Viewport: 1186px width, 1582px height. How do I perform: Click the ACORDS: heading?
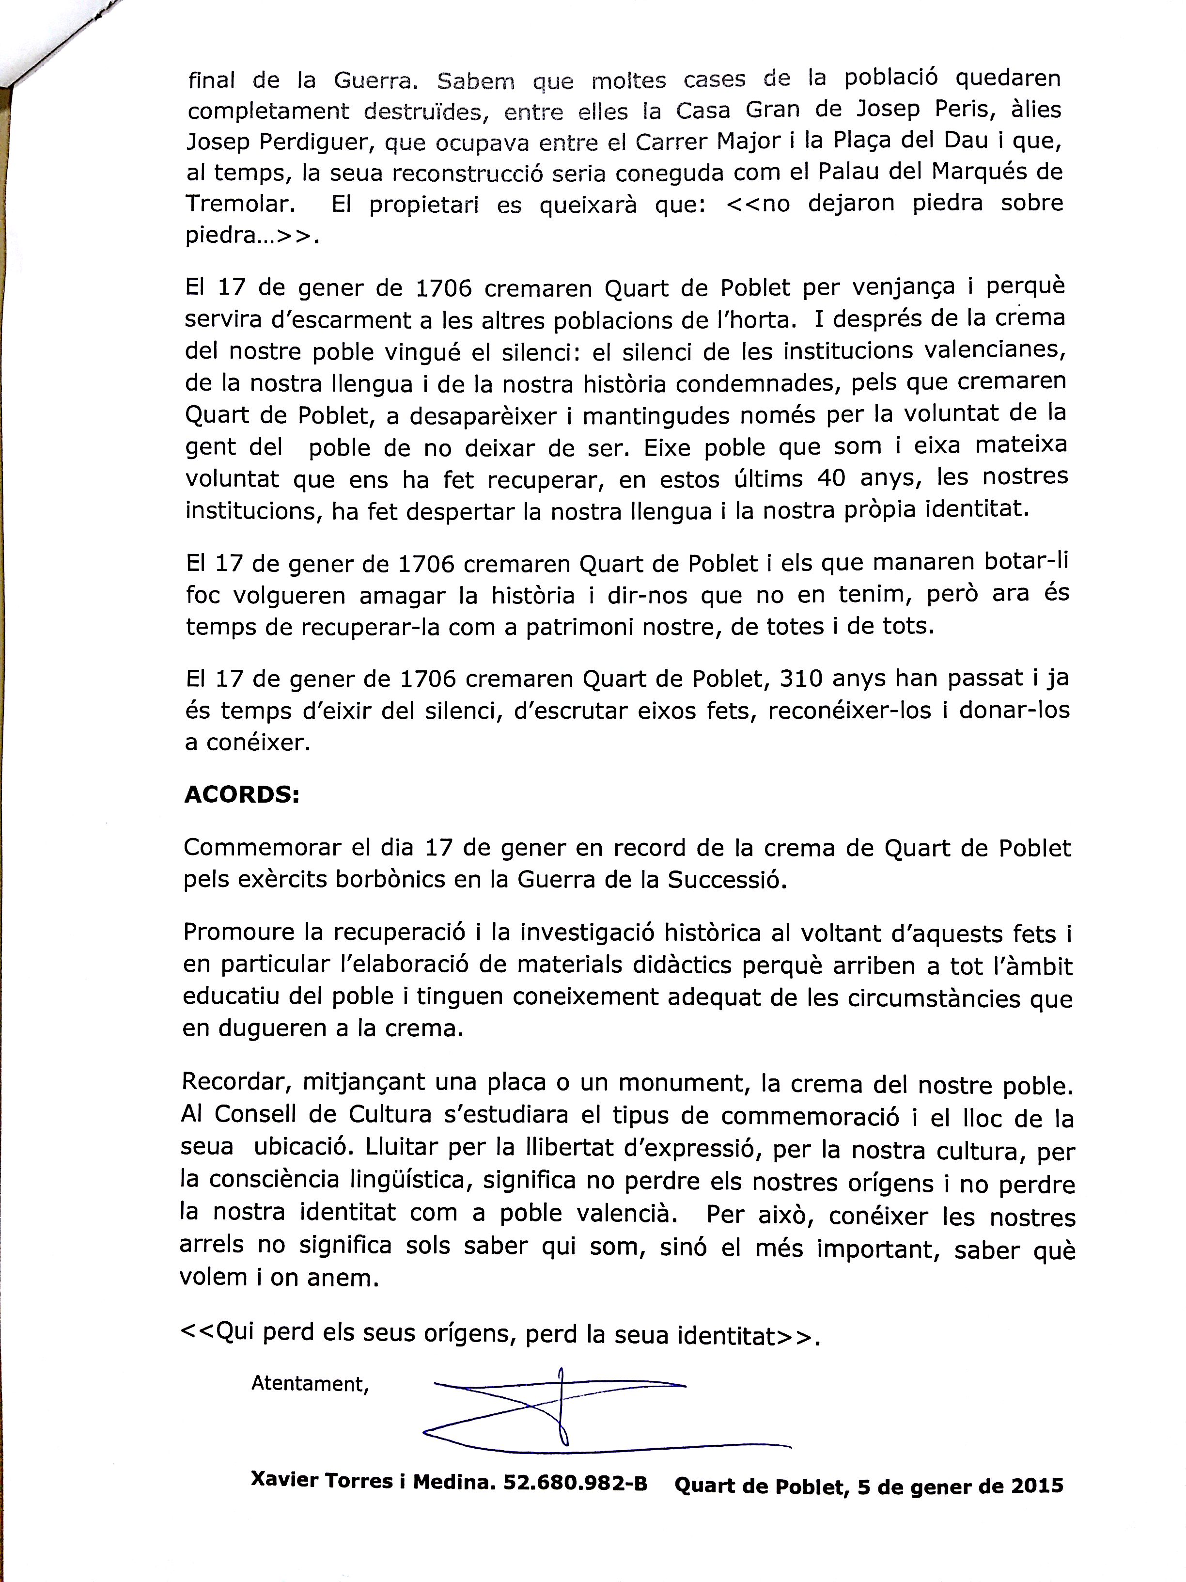pyautogui.click(x=242, y=795)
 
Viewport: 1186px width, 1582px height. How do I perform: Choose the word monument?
pyautogui.click(x=684, y=1084)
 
